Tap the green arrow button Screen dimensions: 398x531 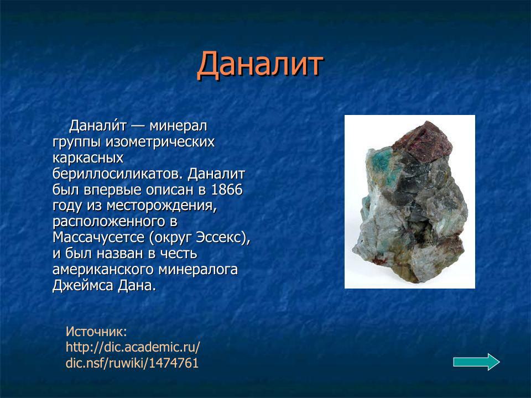point(476,362)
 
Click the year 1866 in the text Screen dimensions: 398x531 point(226,190)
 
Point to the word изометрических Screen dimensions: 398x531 point(160,142)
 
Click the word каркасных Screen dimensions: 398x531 point(87,158)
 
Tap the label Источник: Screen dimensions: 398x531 point(96,332)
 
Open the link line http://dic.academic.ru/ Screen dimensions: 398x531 point(133,348)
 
